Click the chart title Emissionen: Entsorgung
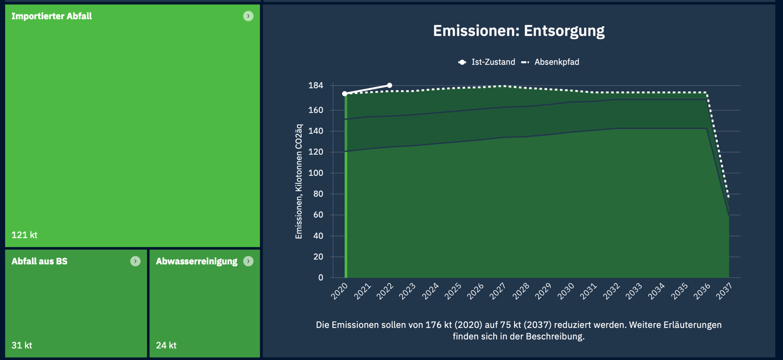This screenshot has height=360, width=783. point(518,31)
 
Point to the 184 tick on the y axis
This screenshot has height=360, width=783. point(315,86)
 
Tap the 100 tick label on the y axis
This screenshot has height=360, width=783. point(315,173)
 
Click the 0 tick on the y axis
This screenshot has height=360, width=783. point(320,278)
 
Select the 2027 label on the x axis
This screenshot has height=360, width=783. point(498,291)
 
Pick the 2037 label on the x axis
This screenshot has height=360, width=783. point(724,291)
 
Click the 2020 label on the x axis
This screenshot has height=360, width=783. point(339,291)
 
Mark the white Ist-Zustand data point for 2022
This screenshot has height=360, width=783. point(389,85)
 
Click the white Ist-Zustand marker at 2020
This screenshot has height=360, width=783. point(344,94)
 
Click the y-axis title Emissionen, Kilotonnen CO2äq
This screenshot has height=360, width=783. point(299,181)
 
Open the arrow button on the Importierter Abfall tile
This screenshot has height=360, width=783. point(248,16)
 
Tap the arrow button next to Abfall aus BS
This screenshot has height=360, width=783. point(135,261)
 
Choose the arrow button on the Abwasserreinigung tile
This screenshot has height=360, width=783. point(248,261)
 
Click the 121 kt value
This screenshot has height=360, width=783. point(24,235)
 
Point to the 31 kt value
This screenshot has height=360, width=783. point(22,345)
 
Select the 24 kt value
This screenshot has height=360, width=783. point(166,345)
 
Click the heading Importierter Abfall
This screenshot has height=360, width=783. point(52,16)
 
